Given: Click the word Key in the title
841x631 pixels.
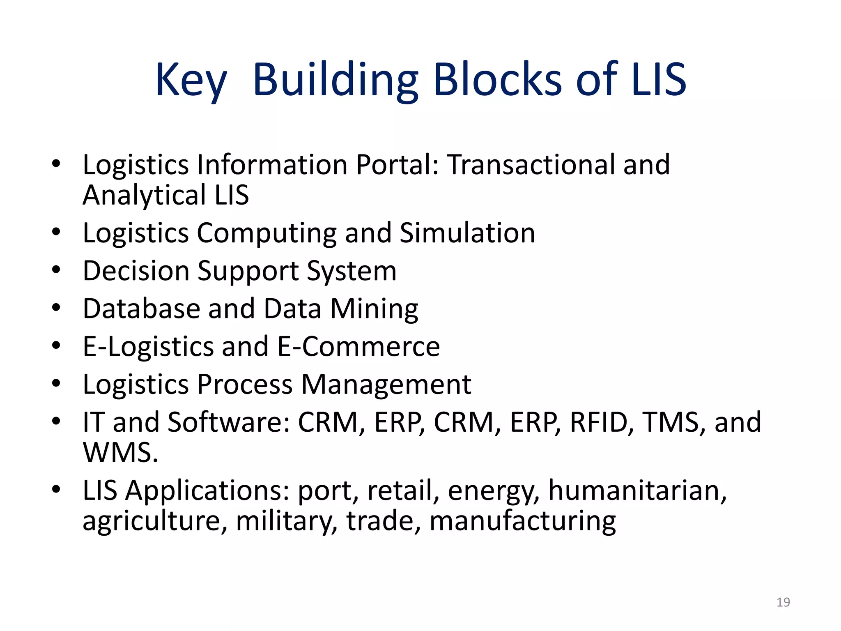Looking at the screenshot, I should [191, 80].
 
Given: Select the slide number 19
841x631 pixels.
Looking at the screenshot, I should [783, 602].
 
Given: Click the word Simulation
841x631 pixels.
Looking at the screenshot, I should [467, 233].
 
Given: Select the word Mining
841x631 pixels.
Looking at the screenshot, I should [374, 309].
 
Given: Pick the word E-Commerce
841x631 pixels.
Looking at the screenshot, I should [358, 346].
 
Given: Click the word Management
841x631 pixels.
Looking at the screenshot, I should [386, 385].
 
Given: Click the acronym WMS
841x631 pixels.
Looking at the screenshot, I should [120, 453].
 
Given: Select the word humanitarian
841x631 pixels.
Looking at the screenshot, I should [637, 491].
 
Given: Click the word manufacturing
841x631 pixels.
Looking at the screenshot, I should [522, 521].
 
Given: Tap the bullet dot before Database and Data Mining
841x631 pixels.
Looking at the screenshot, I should [56, 308].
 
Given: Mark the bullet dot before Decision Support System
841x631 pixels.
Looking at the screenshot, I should [56, 270].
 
